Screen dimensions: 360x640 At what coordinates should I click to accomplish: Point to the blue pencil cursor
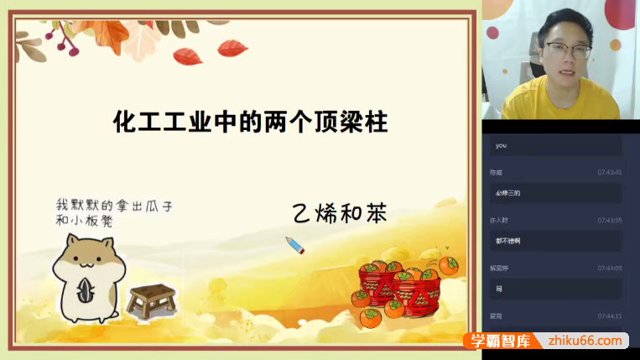pos(294,245)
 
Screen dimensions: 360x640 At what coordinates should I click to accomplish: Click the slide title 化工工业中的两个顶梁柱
pos(250,123)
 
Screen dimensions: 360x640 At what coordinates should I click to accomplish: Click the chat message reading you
pos(502,145)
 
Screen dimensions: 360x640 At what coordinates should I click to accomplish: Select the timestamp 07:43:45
pos(610,172)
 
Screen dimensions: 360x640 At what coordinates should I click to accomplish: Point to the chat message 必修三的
pos(508,193)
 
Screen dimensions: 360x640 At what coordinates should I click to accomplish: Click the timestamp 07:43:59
pos(610,220)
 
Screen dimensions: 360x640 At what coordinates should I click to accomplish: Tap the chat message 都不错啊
pos(508,241)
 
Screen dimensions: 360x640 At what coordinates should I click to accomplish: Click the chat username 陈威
pos(497,172)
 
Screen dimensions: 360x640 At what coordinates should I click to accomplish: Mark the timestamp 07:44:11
pos(610,316)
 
